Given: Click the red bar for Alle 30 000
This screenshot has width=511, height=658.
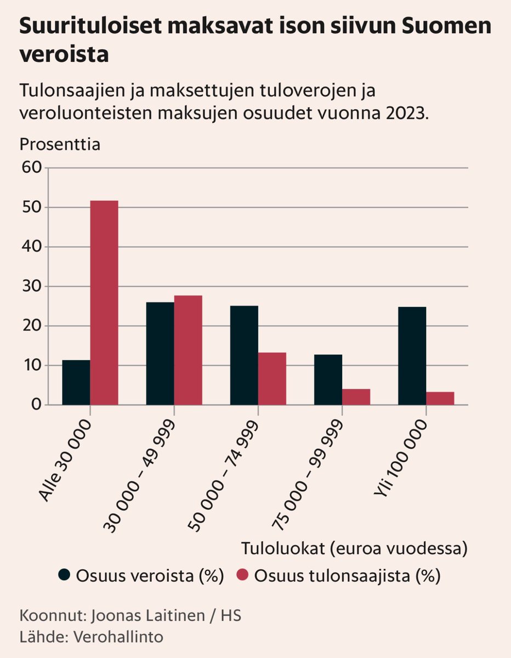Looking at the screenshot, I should coord(104,303).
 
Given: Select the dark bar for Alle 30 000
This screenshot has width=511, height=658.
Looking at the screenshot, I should coord(76,382).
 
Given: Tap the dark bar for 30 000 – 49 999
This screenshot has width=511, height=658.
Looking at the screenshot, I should coord(160,354).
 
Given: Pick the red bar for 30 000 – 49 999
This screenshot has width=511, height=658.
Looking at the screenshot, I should coord(188,350).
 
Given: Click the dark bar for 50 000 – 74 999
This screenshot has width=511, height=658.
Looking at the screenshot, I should coord(244,355).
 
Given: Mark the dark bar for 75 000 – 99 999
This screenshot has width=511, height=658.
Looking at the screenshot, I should coord(328,379).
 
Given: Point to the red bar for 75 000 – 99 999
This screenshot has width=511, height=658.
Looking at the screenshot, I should coord(356,396).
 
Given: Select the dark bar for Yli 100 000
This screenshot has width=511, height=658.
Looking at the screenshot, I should coord(412,356).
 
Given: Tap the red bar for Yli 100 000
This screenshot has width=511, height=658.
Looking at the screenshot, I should coord(440,398).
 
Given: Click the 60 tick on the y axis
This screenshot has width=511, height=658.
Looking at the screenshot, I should coord(32,168).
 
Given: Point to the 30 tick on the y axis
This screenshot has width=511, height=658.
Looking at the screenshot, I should coord(32,286).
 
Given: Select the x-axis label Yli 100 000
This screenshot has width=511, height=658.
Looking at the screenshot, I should coord(400,460).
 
